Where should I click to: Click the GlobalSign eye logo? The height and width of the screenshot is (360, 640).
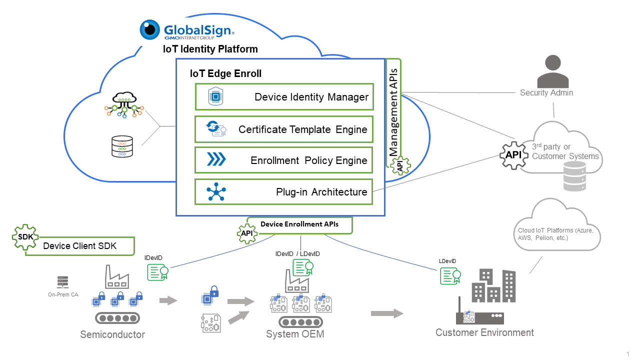coord(149,30)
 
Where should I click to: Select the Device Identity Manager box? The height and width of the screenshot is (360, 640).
coord(284,97)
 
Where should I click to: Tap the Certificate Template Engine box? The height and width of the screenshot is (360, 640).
coord(284,130)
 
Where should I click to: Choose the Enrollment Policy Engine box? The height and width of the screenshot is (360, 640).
coord(284,160)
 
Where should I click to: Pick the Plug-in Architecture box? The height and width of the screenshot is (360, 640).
coord(284,192)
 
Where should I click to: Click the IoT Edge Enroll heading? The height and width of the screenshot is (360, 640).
coord(225,74)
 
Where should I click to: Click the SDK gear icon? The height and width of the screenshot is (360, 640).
coord(25,236)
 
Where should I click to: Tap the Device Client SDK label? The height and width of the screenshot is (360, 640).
coord(80,246)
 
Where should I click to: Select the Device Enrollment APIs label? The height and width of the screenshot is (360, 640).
coord(299,224)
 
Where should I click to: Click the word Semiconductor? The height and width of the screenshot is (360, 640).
coord(112,334)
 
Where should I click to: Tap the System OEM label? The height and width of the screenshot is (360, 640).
coord(295,334)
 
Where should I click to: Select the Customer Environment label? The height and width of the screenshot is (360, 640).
coord(484,332)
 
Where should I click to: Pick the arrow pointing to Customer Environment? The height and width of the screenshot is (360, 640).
coord(387,313)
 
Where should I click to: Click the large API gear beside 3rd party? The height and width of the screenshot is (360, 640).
coord(513,154)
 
